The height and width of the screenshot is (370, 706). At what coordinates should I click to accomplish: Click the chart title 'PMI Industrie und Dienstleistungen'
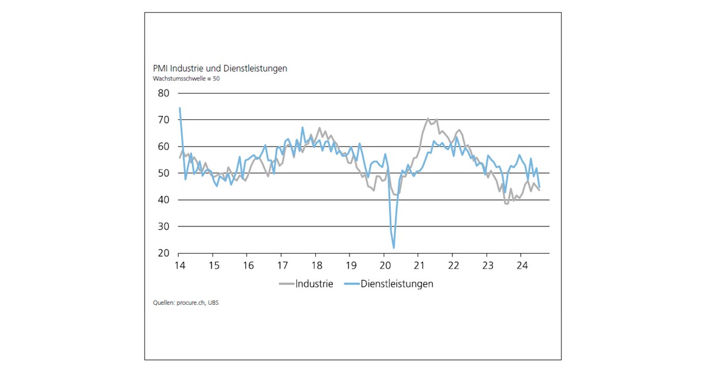(x=220, y=68)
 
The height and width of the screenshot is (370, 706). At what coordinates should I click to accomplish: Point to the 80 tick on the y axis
(x=163, y=93)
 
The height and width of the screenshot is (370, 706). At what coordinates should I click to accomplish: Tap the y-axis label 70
(x=163, y=120)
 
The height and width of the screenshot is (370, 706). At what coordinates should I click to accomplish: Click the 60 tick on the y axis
(x=163, y=146)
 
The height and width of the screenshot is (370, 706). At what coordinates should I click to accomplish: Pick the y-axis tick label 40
(x=163, y=200)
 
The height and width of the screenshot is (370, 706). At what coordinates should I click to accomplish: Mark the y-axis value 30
(x=163, y=226)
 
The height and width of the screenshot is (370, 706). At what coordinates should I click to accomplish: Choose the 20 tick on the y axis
(x=163, y=254)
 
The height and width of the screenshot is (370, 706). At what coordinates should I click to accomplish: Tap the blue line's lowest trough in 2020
(x=394, y=248)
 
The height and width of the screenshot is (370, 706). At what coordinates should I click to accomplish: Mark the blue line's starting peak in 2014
(x=179, y=108)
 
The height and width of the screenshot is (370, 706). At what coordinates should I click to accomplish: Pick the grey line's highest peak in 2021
(x=428, y=119)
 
